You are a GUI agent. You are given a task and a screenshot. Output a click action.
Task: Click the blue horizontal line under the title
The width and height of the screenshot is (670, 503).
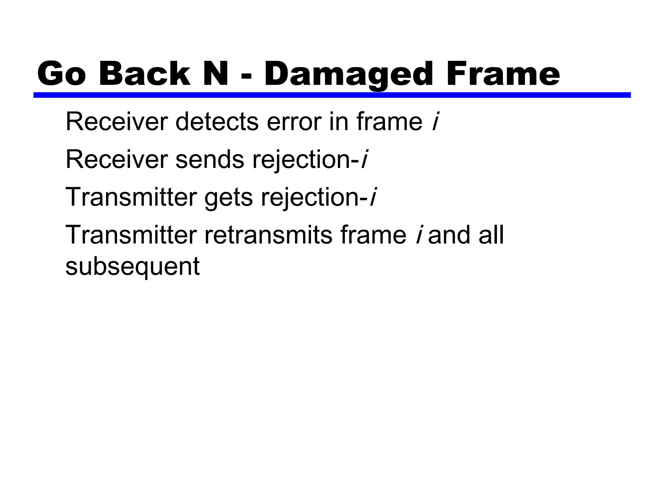pyautogui.click(x=332, y=95)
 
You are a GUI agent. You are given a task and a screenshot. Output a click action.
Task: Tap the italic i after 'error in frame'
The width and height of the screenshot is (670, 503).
pyautogui.click(x=435, y=122)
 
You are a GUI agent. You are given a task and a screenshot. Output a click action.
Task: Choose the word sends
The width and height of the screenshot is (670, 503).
pyautogui.click(x=210, y=160)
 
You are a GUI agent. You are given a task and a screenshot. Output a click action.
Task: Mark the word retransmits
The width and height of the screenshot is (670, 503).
pyautogui.click(x=268, y=235)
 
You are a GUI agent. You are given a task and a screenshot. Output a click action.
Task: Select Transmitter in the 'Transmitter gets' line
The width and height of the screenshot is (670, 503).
pyautogui.click(x=131, y=197)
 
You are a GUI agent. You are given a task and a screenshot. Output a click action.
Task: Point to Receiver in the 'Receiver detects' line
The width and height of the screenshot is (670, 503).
pyautogui.click(x=116, y=122)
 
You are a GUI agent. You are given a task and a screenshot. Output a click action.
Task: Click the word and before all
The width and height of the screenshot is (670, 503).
pyautogui.click(x=450, y=235)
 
